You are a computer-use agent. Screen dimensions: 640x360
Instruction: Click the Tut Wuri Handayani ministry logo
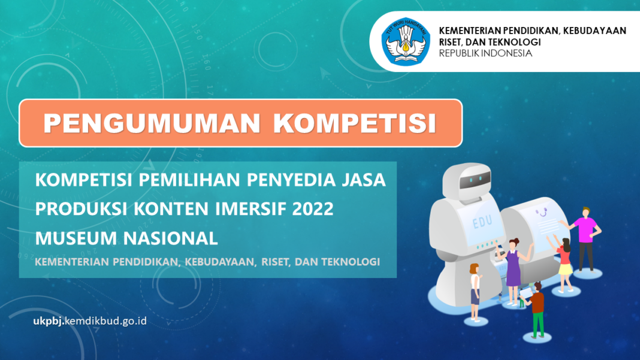point(406,42)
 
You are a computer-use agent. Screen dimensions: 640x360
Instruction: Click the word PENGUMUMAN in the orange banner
point(152,123)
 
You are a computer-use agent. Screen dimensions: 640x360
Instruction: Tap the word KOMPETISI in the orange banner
point(355,123)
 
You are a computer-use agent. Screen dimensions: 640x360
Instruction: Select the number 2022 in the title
point(313,208)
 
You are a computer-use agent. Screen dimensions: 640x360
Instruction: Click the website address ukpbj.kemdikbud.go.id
point(90,321)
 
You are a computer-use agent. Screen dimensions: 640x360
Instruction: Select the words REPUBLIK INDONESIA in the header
point(485,53)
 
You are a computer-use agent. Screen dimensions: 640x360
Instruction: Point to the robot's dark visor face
point(475,180)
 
